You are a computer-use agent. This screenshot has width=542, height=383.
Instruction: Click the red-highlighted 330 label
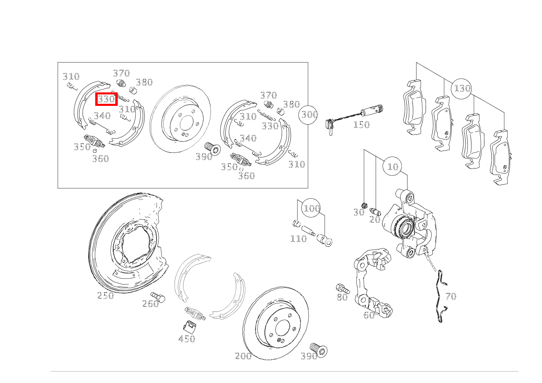click(106, 99)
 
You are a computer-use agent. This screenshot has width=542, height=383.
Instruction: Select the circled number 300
click(308, 115)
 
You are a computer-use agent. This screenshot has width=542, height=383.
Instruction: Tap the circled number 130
click(461, 89)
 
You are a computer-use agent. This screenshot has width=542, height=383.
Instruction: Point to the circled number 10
click(392, 166)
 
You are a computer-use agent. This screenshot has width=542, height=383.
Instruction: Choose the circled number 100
click(311, 208)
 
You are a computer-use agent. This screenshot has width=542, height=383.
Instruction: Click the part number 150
click(361, 125)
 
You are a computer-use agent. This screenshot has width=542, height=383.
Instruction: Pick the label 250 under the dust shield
click(105, 296)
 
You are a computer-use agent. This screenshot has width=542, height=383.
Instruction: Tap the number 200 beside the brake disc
click(243, 356)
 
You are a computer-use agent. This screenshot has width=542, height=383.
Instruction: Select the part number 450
click(186, 339)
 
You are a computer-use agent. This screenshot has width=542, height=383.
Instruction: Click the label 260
click(150, 304)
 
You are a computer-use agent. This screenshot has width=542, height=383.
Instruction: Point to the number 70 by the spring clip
click(451, 296)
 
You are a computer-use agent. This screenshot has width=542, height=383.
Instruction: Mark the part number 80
click(342, 297)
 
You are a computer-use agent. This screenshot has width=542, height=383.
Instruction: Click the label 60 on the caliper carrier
click(369, 315)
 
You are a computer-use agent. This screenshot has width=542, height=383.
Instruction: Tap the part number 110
click(298, 239)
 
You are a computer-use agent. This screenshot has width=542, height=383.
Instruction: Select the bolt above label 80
click(343, 289)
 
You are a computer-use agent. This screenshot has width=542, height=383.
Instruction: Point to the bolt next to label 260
click(158, 297)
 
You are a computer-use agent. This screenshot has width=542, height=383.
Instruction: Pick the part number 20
click(375, 219)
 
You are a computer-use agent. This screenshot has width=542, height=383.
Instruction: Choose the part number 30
click(359, 213)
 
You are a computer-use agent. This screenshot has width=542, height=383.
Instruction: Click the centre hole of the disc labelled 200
click(282, 328)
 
